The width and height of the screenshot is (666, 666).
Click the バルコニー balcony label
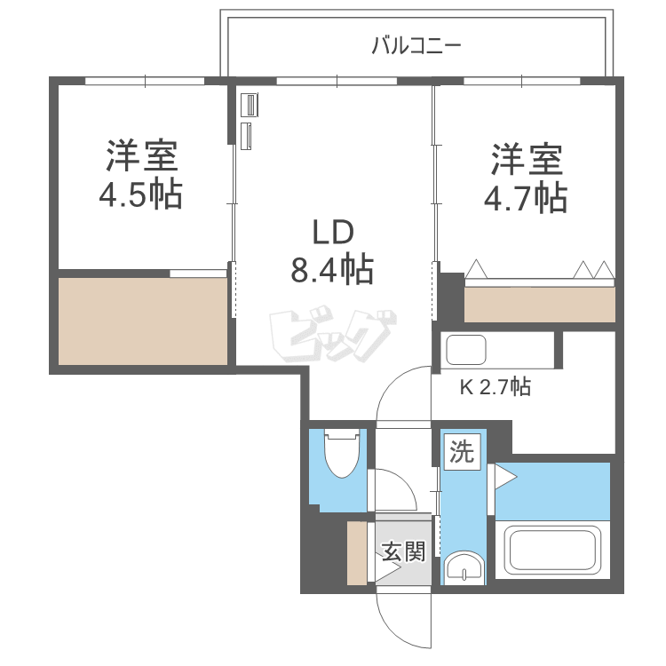[416, 44]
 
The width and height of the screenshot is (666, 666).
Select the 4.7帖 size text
[525, 198]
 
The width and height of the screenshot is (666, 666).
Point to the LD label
[333, 233]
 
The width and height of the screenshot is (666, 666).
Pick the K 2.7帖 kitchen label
[495, 387]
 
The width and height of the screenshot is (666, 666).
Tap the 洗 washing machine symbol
[461, 452]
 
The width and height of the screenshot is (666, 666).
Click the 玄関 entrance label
[404, 551]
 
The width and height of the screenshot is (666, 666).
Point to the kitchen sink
[465, 350]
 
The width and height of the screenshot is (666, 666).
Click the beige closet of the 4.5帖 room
[142, 320]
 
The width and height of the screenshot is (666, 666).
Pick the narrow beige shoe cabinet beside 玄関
[357, 553]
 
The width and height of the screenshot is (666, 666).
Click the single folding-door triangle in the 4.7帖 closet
[477, 269]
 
